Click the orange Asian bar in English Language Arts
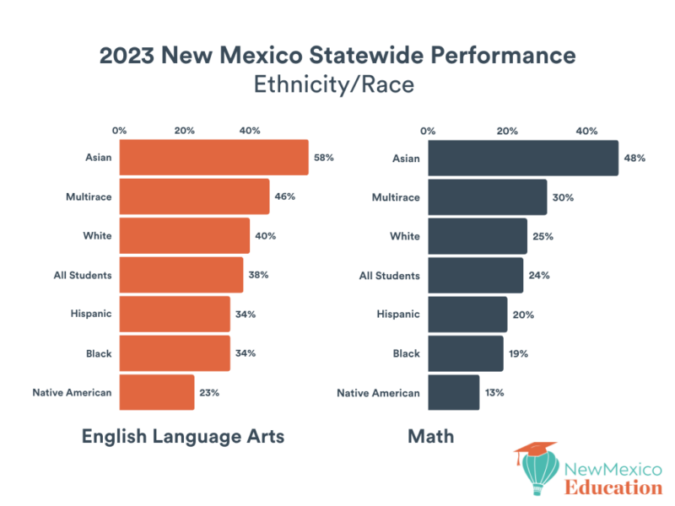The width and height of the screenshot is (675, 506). [213, 158]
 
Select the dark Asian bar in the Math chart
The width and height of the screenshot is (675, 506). [523, 159]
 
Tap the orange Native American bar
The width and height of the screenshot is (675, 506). [157, 392]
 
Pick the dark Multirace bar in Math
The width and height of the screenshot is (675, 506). [488, 197]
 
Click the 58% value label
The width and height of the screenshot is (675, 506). [325, 158]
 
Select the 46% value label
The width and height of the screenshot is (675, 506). [285, 196]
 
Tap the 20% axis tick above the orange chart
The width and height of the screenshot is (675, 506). [185, 131]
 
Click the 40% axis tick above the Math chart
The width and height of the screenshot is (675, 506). [586, 131]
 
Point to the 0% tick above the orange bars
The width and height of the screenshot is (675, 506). [120, 131]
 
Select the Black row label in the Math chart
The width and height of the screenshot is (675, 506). [405, 353]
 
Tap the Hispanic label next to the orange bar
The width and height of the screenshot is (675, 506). [91, 314]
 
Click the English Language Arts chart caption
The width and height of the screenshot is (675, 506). [182, 436]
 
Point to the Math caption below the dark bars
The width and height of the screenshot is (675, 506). [430, 436]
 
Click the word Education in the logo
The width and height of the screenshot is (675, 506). [613, 487]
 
